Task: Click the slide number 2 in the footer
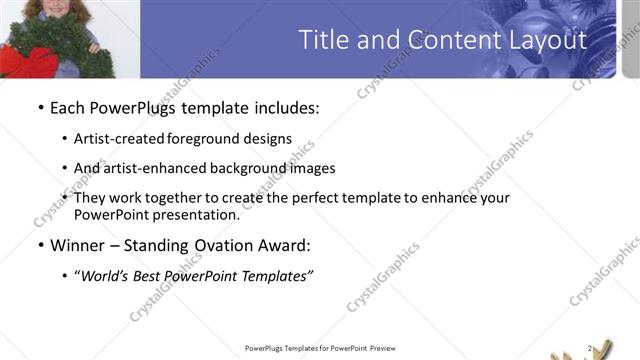click(x=590, y=348)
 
